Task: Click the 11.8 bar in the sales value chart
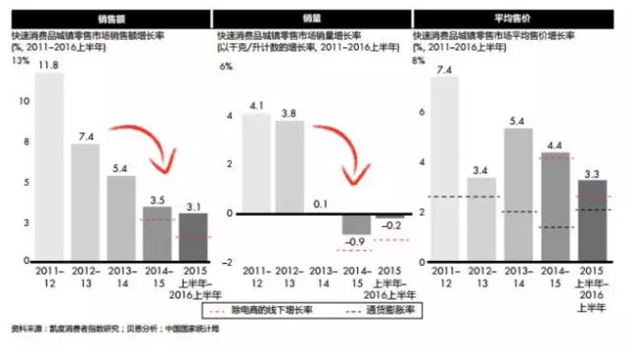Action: tap(49, 166)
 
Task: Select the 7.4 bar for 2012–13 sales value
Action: tap(85, 202)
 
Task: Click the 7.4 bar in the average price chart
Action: tap(448, 169)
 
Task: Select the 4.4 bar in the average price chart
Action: tap(555, 206)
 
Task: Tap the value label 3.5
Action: tap(157, 198)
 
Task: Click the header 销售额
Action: tap(105, 17)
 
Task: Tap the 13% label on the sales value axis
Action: tap(20, 60)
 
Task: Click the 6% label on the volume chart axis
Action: tap(225, 68)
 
